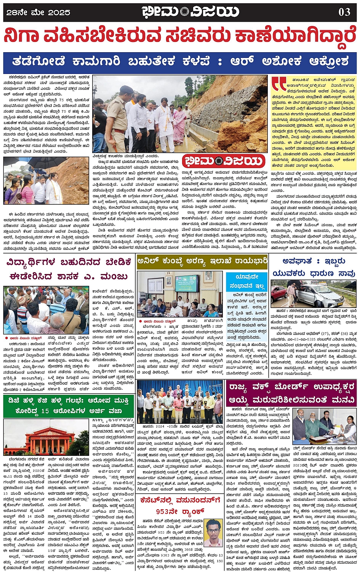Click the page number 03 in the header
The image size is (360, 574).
344,12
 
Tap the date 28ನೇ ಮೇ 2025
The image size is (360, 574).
38,13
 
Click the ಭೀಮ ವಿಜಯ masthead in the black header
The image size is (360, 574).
190,12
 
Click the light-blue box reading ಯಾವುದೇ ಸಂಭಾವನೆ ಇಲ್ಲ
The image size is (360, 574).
247,281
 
